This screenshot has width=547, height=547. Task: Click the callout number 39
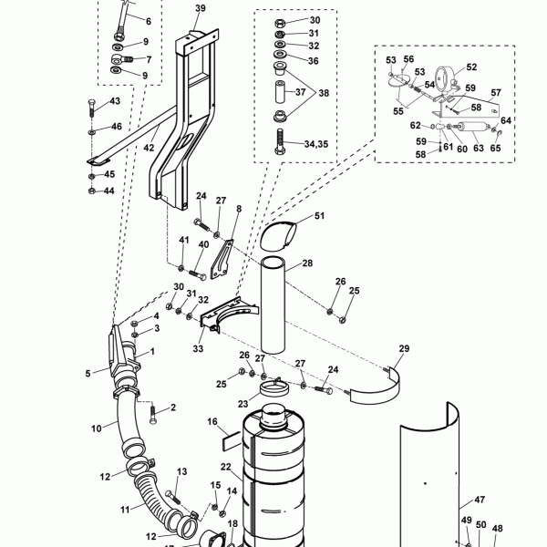(x=201, y=8)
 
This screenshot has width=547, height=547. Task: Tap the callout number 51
(x=319, y=216)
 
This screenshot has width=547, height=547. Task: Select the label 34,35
(x=316, y=144)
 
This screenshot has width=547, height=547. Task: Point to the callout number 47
(x=480, y=500)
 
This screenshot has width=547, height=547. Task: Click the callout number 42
(x=149, y=148)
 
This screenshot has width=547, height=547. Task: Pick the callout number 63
(x=479, y=148)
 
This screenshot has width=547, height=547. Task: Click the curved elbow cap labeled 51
(x=278, y=236)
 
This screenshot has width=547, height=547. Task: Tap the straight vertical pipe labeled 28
(x=273, y=305)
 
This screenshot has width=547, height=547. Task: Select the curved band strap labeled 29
(x=375, y=389)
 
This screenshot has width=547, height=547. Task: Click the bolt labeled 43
(x=91, y=108)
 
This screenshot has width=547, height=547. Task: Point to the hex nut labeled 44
(x=91, y=191)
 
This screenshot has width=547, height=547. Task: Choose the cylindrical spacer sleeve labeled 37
(x=280, y=92)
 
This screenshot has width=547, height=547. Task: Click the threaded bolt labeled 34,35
(x=280, y=141)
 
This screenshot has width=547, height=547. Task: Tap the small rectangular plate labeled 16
(x=232, y=440)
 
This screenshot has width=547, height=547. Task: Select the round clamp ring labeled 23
(x=273, y=389)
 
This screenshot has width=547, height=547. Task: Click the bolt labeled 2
(x=152, y=414)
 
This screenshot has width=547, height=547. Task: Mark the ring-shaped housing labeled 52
(x=444, y=79)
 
